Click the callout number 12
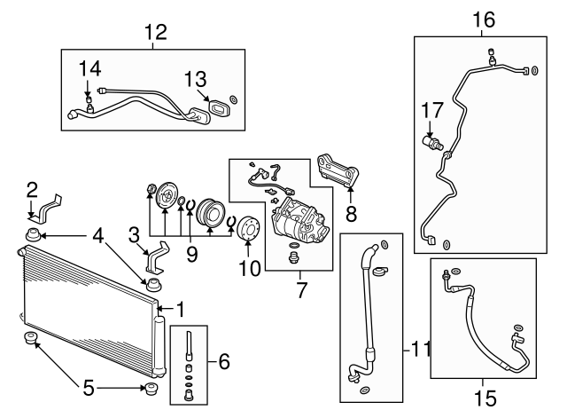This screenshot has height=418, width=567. click(x=155, y=33)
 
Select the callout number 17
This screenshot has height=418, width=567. click(x=431, y=111)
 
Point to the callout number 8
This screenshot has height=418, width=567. click(x=350, y=213)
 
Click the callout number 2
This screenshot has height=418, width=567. click(x=31, y=189)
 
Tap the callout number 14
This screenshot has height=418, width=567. click(x=89, y=68)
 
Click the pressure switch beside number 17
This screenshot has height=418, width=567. click(x=431, y=141)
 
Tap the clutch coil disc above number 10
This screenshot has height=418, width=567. click(x=247, y=230)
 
